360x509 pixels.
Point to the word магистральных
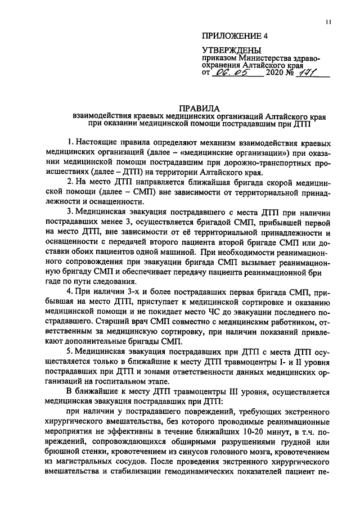pos(94,462)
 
